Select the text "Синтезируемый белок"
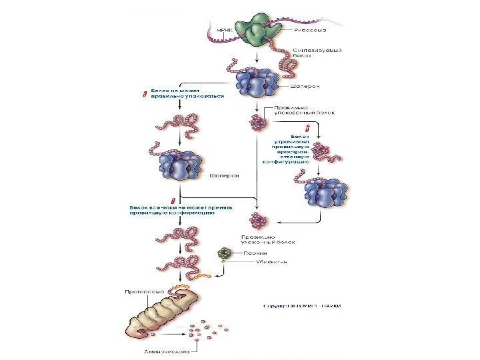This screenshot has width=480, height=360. coord(318,53)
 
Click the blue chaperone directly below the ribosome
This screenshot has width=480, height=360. coord(256,83)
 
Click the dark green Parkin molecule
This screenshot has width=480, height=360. coord(226,253)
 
